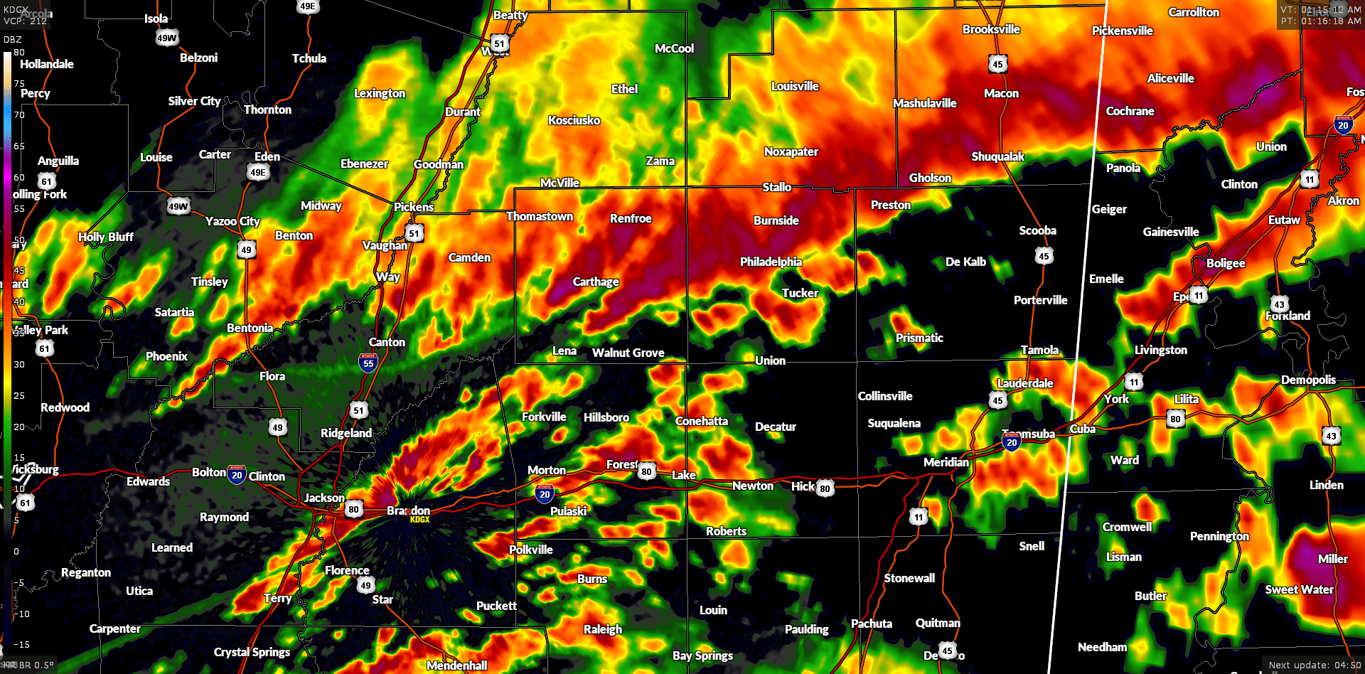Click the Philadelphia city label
pos(771,262)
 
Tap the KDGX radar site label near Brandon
pos(419,520)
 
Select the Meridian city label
pos(946,462)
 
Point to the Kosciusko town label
pos(574,120)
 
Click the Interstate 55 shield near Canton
pos(368,363)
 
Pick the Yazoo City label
pos(232,221)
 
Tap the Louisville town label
pos(795,86)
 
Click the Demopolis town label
pos(1308,380)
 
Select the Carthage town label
pos(596,282)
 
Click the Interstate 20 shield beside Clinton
pos(237,475)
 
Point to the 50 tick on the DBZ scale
pos(19,240)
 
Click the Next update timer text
pos(1315,665)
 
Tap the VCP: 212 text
pos(25,21)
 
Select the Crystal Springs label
pos(252,652)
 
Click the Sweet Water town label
pos(1299,589)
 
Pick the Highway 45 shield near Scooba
pos(1043,256)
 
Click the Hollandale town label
pos(47,64)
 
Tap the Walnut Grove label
pos(628,353)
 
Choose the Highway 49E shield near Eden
pos(258,172)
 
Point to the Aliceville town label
pos(1170,78)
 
